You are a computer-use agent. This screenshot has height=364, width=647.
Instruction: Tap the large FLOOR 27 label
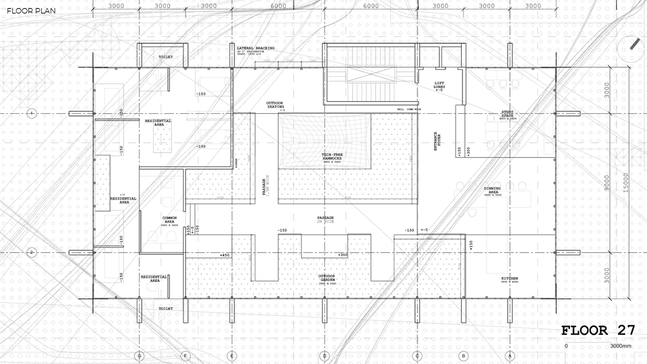tap(598, 330)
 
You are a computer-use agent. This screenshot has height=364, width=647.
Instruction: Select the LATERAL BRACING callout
tap(255, 49)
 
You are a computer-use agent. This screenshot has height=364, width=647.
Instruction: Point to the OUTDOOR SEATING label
tap(275, 105)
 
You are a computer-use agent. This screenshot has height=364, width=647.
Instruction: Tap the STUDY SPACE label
tap(507, 114)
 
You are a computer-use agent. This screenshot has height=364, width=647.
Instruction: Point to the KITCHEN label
tap(510, 278)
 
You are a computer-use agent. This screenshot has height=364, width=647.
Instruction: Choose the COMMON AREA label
tap(169, 220)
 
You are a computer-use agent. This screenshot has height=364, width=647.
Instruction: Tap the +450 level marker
tap(225, 255)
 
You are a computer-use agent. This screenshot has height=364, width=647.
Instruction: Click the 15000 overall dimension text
tap(625, 182)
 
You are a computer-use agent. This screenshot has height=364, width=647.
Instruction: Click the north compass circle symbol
tap(633, 44)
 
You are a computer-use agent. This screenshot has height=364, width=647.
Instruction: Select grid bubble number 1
tap(31, 113)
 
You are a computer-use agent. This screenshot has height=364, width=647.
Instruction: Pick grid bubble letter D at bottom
tap(324, 355)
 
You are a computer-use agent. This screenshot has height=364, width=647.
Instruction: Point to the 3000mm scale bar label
tap(621, 346)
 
